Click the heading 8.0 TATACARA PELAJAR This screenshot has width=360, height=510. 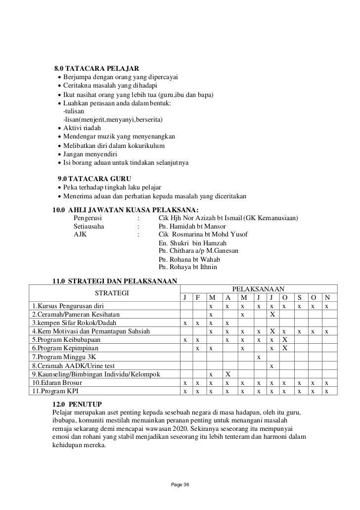(96, 68)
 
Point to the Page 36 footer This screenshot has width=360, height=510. (180, 483)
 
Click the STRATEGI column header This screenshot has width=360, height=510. (112, 292)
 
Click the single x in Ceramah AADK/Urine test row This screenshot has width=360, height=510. (271, 365)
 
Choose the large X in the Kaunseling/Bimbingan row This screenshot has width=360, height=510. (228, 373)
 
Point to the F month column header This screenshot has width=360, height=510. (198, 297)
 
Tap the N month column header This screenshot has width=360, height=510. (326, 297)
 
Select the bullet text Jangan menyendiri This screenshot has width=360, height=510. (90, 154)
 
